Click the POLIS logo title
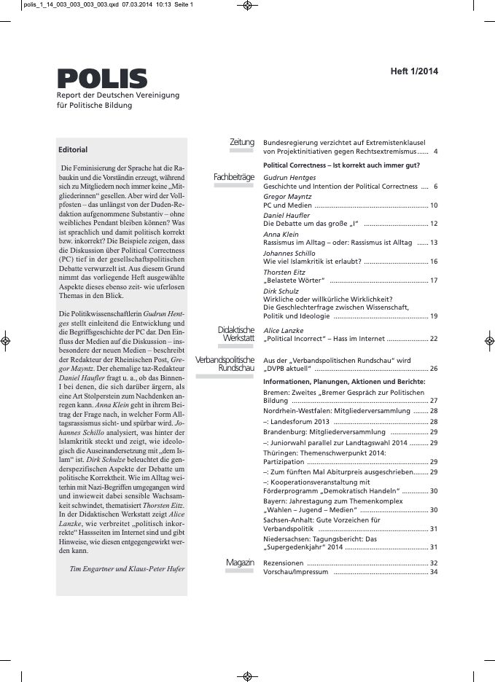[x=102, y=78]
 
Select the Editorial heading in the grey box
[x=73, y=150]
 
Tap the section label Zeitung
[x=242, y=142]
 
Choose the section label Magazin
[x=240, y=563]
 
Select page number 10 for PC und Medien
[x=433, y=206]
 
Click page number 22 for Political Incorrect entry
[x=433, y=339]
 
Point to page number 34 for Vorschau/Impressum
[x=433, y=572]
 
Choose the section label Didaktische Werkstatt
[x=235, y=334]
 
